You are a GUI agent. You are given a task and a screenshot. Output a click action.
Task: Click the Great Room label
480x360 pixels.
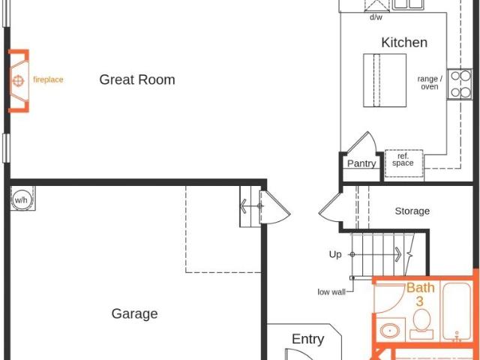pos(137,79)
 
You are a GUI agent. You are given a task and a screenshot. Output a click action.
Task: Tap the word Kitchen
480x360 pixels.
pos(404,42)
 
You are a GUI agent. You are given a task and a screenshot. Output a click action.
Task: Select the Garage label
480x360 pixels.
pos(135,313)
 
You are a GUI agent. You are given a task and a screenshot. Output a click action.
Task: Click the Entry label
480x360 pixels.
pos(308,339)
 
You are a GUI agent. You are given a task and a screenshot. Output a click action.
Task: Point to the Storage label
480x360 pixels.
pos(412,211)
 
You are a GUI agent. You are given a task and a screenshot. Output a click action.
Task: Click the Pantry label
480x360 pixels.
pos(361,163)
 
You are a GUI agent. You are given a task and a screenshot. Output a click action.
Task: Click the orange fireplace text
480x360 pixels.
pos(48,79)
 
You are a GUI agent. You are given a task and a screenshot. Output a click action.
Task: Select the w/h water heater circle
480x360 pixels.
pos(21,200)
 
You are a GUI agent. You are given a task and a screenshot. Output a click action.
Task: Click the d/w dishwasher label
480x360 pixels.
pos(376,17)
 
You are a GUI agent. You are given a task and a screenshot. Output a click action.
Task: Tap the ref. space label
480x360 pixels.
pos(403,160)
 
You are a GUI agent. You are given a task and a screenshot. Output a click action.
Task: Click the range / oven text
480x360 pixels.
pos(430,82)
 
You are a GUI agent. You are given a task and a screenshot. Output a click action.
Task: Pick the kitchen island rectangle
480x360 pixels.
pos(385,80)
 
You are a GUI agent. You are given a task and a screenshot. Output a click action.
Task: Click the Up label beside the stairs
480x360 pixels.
pos(335,254)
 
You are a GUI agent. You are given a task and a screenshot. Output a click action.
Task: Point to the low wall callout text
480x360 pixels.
pos(331,292)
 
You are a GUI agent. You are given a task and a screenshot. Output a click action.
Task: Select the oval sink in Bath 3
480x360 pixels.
pos(390,331)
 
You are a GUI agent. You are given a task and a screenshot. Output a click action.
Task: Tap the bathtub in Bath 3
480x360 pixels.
pos(457,311)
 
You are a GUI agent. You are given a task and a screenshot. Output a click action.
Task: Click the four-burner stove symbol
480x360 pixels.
pos(460,84)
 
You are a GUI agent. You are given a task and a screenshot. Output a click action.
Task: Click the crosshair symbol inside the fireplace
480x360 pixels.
pos(18,81)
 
